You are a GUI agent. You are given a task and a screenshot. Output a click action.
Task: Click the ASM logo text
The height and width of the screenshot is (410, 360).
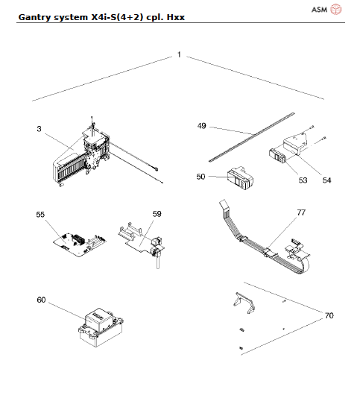point(318,10)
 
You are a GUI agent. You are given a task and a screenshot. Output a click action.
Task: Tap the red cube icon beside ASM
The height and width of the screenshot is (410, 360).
point(336,10)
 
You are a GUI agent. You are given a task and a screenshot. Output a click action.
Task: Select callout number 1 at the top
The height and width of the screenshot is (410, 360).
point(179,55)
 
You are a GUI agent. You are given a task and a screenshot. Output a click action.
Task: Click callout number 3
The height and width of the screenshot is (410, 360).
point(38,129)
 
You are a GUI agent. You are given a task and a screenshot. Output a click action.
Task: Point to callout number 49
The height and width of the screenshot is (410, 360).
point(202,126)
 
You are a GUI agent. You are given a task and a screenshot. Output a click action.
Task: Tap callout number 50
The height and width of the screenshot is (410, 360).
point(200,177)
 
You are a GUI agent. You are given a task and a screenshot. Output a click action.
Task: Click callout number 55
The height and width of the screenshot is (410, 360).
point(41,214)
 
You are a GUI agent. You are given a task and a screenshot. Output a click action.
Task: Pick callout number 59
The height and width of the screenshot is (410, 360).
point(157,214)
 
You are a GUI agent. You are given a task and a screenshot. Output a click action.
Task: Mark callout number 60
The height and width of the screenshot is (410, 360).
point(41,299)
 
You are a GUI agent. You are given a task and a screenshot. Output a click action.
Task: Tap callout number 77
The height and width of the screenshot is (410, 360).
point(300,212)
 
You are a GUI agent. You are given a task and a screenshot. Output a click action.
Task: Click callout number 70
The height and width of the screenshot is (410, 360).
point(329,316)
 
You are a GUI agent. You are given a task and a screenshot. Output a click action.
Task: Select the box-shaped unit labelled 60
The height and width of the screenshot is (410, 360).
point(101,324)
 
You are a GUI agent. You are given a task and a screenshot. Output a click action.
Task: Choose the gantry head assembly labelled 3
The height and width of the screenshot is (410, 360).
point(82,160)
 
